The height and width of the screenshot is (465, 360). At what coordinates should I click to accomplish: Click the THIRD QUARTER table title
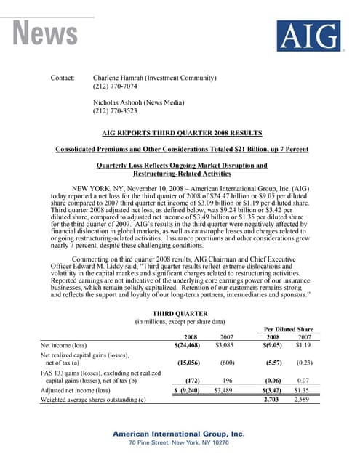coord(180,312)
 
